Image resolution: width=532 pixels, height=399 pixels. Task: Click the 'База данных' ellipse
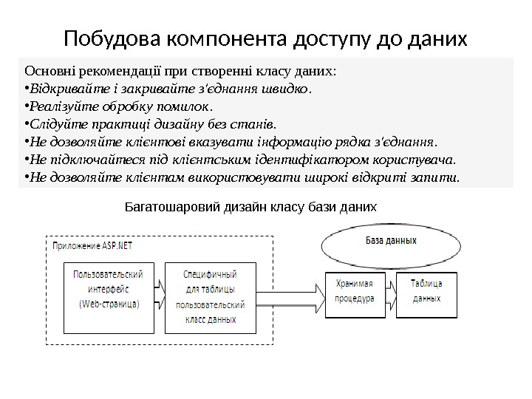coord(391,240)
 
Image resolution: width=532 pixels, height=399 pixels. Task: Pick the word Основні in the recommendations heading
coord(47,72)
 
